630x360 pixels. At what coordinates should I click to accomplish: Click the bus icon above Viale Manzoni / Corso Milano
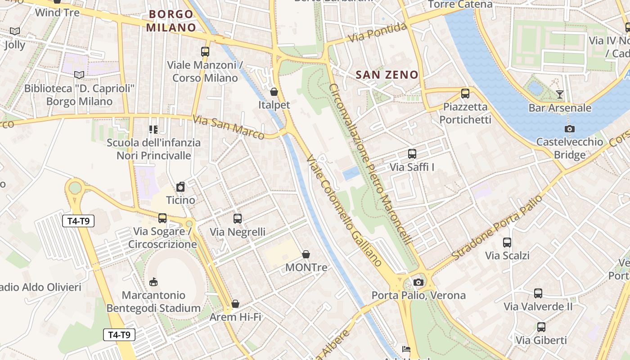click(x=205, y=51)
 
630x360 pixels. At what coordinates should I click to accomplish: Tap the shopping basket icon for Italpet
click(x=274, y=92)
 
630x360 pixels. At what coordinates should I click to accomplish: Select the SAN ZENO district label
click(x=387, y=75)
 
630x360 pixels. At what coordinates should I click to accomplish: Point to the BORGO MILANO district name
click(x=171, y=21)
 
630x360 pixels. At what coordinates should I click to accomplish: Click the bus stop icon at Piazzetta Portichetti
click(x=465, y=94)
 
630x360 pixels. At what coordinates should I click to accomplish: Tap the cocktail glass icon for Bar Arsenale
click(x=559, y=94)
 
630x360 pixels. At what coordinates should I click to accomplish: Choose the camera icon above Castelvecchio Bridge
click(x=569, y=129)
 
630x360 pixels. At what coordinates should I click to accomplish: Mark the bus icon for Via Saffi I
click(x=412, y=154)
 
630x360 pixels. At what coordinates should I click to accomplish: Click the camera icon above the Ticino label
click(x=180, y=187)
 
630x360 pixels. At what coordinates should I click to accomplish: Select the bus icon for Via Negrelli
click(x=238, y=219)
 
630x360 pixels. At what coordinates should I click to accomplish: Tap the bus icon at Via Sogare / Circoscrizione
click(x=162, y=218)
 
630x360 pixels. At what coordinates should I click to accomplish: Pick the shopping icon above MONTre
click(x=306, y=254)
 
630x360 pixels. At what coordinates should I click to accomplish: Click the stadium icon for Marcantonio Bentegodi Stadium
click(x=153, y=282)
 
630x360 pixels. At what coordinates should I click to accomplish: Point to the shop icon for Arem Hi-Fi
click(x=235, y=304)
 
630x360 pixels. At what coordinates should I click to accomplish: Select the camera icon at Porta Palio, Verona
click(x=418, y=282)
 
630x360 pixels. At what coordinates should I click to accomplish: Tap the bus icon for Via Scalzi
click(x=507, y=243)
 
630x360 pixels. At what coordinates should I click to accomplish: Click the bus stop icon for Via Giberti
click(x=541, y=327)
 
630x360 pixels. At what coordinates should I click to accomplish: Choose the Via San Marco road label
click(x=229, y=127)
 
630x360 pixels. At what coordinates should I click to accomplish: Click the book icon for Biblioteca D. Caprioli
click(x=79, y=75)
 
